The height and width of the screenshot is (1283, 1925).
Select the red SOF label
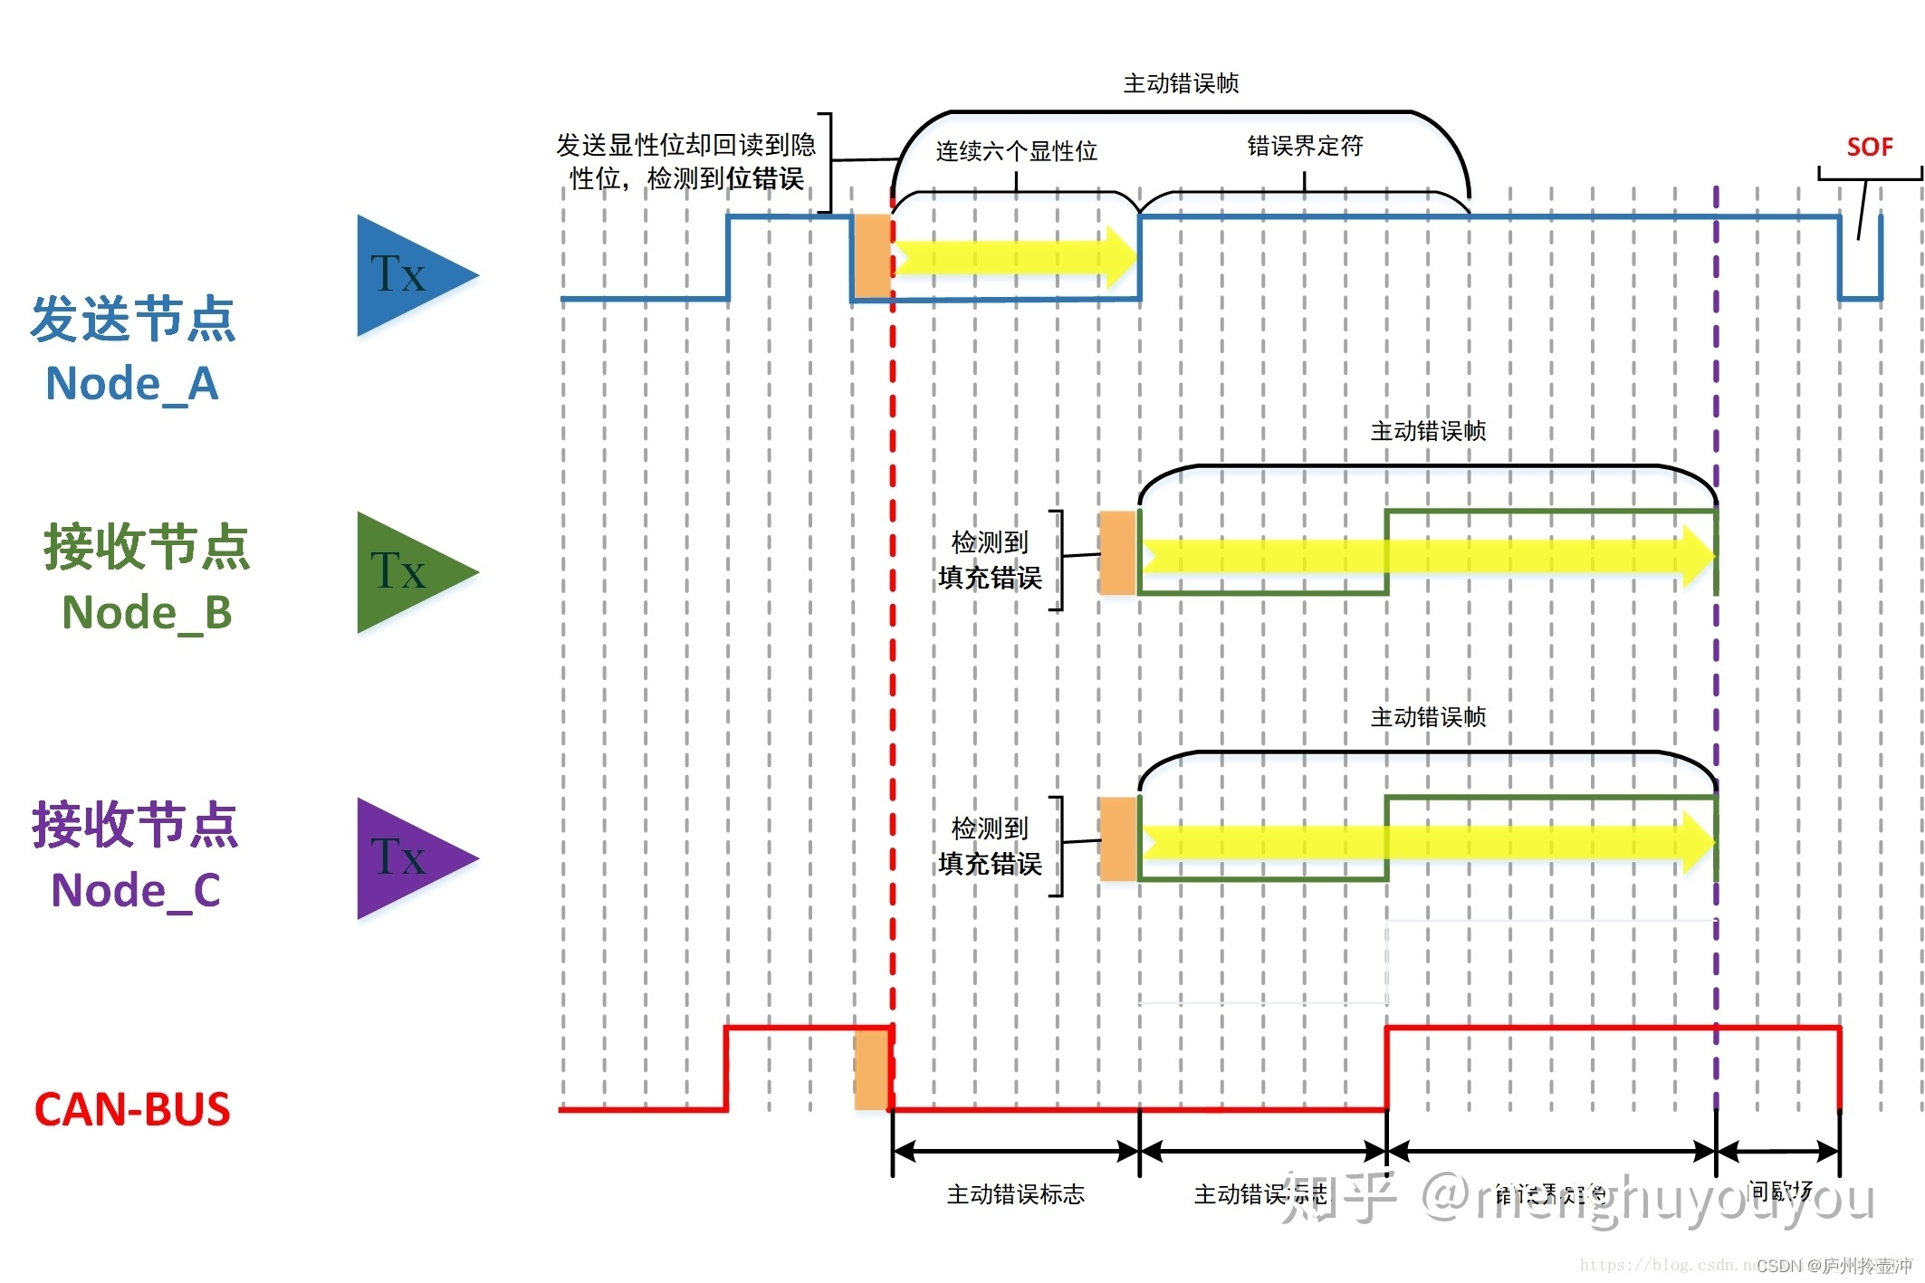[1869, 147]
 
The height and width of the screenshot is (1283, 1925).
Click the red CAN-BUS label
[132, 1109]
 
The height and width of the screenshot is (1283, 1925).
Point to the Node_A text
[132, 383]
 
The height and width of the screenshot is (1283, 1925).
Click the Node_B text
[147, 612]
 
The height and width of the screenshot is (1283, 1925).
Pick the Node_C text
[136, 890]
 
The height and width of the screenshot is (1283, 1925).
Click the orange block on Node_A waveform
[871, 255]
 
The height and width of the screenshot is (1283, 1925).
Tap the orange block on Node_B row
[1117, 552]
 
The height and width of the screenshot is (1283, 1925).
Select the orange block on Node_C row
[1117, 838]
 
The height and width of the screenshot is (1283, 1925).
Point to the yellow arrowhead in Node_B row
[1699, 554]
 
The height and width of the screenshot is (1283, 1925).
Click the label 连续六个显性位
[1016, 151]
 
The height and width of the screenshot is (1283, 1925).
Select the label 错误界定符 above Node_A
[1305, 146]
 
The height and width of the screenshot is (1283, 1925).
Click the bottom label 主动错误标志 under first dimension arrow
[1015, 1194]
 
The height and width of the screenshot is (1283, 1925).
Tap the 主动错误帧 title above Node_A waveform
[1181, 83]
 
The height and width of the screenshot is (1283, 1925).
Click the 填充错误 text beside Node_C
[990, 864]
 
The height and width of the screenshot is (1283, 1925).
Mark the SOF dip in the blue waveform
[1860, 281]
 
